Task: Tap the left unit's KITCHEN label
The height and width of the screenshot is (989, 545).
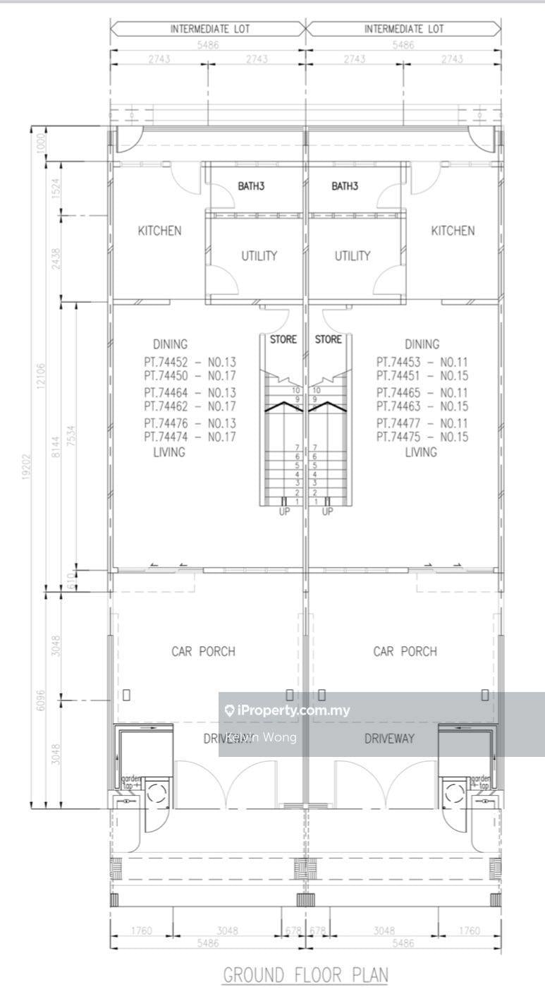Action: click(159, 231)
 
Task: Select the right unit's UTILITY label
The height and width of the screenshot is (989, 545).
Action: click(352, 256)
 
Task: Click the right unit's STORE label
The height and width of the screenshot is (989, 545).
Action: click(328, 339)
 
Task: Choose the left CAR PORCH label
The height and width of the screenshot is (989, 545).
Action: click(204, 651)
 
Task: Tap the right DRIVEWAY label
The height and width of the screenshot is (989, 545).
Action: click(388, 739)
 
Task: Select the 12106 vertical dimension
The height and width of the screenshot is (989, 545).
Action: click(43, 372)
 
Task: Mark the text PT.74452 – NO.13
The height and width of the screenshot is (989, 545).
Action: click(189, 362)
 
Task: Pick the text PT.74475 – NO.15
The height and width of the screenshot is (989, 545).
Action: click(422, 437)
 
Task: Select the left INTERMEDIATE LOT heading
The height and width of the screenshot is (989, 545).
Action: click(209, 30)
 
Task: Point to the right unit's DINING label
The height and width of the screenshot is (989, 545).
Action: click(422, 344)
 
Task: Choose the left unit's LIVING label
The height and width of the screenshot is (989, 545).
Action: click(169, 452)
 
